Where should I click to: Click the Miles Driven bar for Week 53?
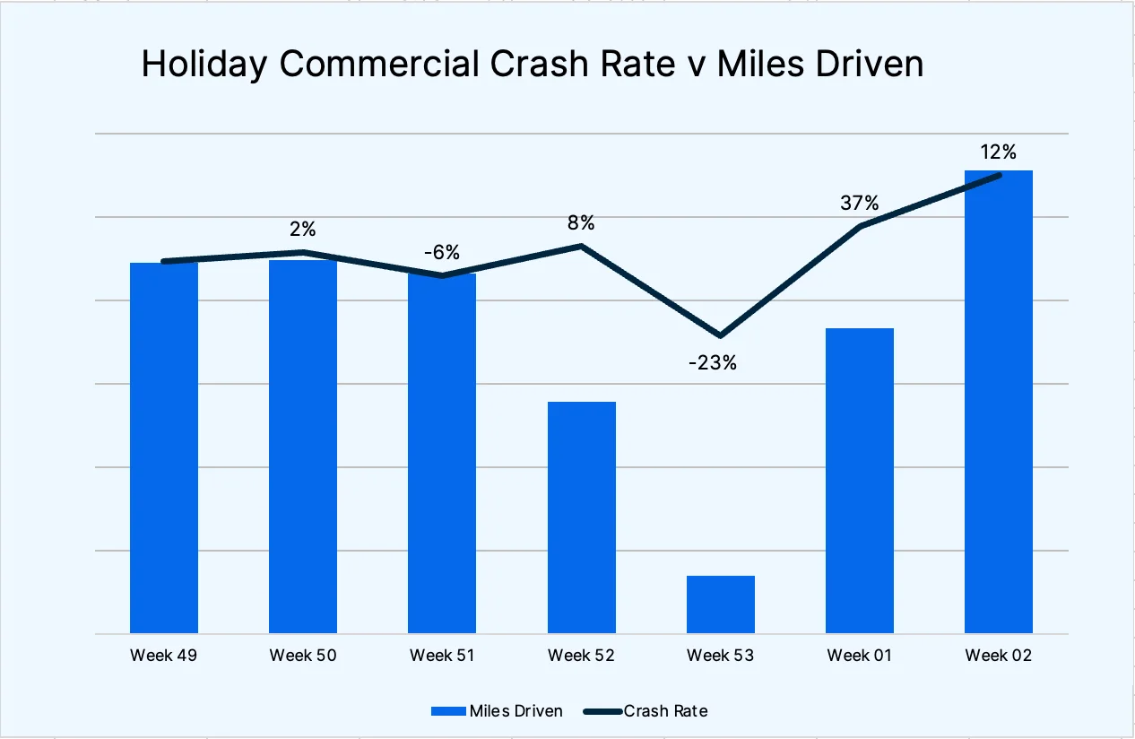(720, 604)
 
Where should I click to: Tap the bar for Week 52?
(581, 517)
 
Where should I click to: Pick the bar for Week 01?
(859, 481)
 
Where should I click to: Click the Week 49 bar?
(164, 448)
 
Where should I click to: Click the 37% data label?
(859, 204)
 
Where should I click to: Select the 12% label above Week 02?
(998, 152)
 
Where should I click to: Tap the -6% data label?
(441, 253)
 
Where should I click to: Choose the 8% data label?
(580, 223)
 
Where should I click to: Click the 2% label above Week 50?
(302, 230)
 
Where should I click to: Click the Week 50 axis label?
(303, 656)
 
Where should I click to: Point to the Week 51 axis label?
(442, 656)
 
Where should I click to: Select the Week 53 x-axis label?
(720, 656)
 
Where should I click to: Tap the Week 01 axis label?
(859, 656)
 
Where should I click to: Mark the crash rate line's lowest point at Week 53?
(720, 336)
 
